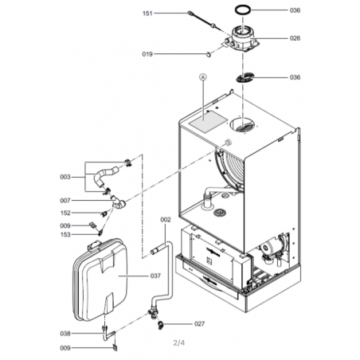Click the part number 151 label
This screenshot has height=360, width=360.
147,14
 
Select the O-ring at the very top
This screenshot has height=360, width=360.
243,6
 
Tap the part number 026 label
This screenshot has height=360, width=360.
295,38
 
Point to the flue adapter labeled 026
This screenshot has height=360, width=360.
243,40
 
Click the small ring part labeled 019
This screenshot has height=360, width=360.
209,54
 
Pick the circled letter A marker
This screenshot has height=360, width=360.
203,77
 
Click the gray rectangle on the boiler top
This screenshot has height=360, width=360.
209,122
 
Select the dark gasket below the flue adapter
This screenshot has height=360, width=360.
245,77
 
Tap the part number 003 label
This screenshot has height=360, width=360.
65,177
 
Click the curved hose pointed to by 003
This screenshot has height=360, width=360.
104,174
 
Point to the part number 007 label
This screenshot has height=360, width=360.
65,201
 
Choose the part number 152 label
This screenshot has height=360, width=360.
65,213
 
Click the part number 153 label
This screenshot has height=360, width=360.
65,235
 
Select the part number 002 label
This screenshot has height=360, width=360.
166,220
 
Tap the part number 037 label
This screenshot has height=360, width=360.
155,276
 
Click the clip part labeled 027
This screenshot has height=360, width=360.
160,325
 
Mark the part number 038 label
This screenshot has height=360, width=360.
65,334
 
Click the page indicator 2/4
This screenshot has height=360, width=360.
179,342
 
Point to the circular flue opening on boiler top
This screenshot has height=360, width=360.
242,125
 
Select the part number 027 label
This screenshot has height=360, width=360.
199,324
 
